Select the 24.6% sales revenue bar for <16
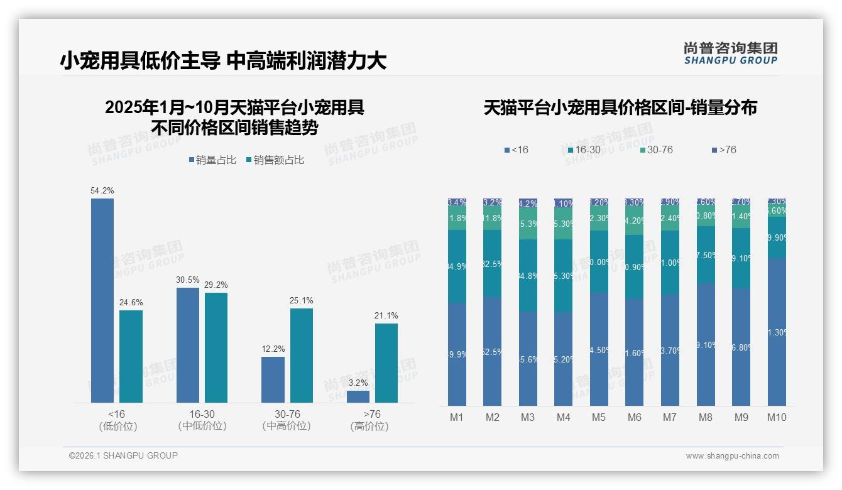click(x=131, y=356)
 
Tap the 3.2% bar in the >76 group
click(x=358, y=396)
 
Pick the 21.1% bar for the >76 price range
click(x=386, y=362)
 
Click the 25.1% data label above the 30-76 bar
click(x=302, y=301)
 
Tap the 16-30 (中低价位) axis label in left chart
click(x=202, y=420)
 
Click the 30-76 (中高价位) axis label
click(x=287, y=420)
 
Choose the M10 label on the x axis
click(x=777, y=417)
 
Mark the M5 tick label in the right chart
click(x=599, y=417)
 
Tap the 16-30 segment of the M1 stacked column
click(x=457, y=266)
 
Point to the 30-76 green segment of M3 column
click(x=528, y=224)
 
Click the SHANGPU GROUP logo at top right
click(x=730, y=53)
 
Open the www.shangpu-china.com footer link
click(x=732, y=456)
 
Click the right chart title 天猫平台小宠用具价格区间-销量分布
click(x=620, y=107)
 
